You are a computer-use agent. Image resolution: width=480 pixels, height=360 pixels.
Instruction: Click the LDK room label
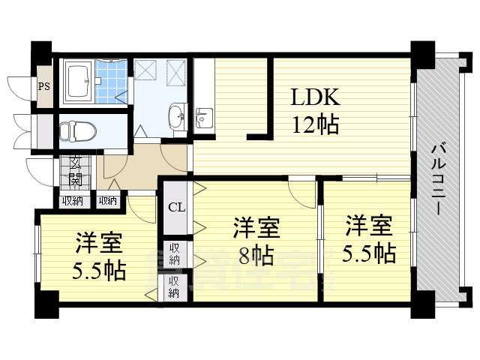point(315,97)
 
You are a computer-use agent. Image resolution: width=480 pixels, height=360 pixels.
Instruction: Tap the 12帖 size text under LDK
point(315,124)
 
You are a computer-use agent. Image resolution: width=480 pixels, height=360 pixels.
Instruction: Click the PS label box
point(44,85)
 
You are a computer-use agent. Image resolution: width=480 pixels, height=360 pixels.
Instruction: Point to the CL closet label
point(175,207)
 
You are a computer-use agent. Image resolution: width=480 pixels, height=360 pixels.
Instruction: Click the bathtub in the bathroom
point(78,82)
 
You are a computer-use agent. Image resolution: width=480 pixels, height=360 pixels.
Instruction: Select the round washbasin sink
point(177,117)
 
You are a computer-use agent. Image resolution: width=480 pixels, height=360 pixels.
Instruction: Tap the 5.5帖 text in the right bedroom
point(370,253)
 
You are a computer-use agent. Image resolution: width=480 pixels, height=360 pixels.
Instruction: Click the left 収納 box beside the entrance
point(73,200)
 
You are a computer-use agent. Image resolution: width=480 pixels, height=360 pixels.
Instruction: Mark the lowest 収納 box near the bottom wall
point(174,287)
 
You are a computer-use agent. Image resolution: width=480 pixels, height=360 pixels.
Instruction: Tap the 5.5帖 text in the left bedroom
point(100,269)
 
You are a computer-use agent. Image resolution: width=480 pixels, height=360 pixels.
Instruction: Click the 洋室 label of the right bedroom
point(369,224)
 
